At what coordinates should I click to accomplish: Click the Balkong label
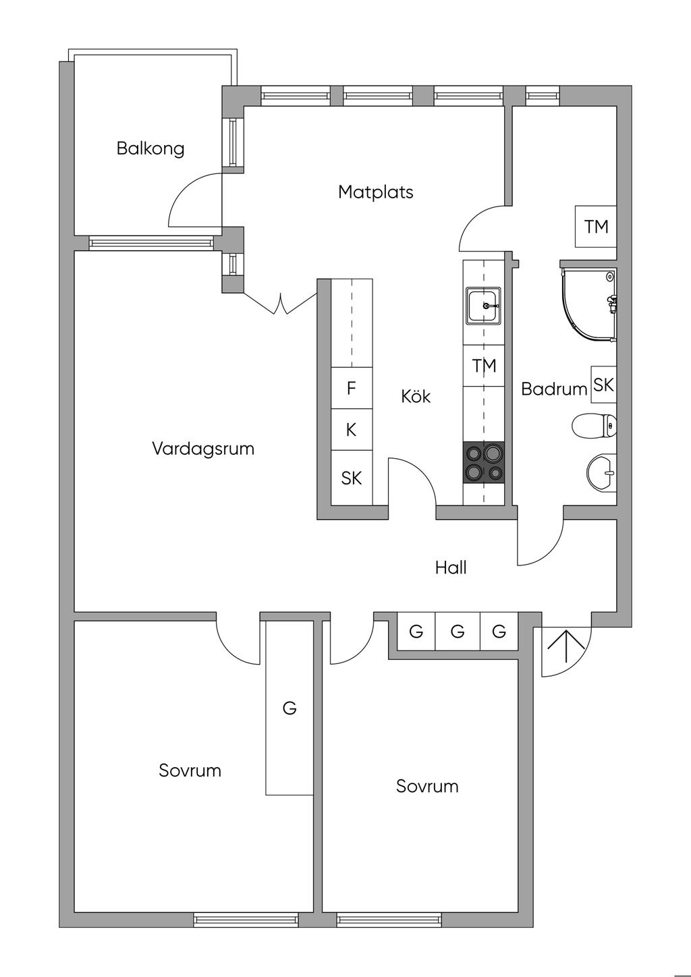click(x=150, y=148)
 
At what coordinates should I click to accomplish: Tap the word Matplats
click(x=375, y=192)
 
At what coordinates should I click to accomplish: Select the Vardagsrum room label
click(x=202, y=449)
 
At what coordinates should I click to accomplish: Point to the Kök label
click(x=416, y=396)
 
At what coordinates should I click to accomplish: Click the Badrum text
click(x=554, y=389)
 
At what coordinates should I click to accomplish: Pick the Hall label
click(x=451, y=568)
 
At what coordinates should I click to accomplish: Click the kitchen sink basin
click(x=484, y=305)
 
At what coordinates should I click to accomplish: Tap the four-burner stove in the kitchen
click(x=484, y=463)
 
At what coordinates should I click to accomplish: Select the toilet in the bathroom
click(x=594, y=426)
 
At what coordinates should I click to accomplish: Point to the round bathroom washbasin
click(x=601, y=472)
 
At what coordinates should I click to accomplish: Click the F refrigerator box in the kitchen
click(x=351, y=389)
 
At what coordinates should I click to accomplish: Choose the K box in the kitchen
click(x=351, y=430)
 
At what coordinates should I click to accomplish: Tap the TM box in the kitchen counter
click(x=484, y=366)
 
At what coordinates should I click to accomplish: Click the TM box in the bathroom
click(x=596, y=227)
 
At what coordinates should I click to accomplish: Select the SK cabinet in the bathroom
click(x=603, y=385)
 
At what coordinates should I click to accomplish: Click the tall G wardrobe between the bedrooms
click(x=289, y=708)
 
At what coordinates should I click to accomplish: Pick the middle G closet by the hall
click(x=458, y=632)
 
